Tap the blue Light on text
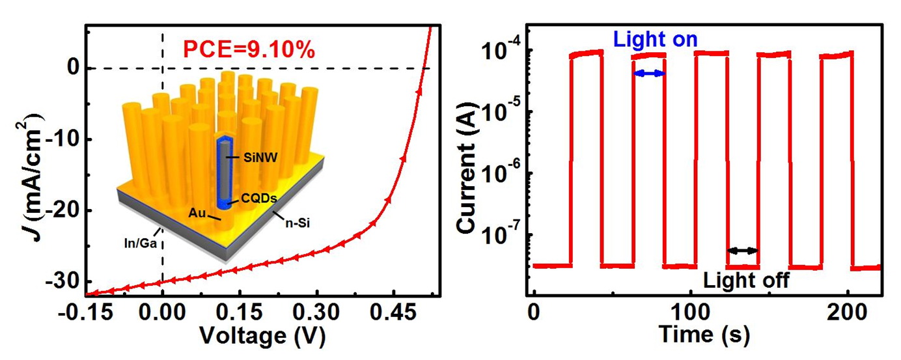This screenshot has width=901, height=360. [x=656, y=40]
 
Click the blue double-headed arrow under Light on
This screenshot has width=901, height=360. [x=649, y=74]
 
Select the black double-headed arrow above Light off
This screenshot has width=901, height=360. [x=742, y=250]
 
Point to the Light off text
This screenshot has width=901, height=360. [x=746, y=280]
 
